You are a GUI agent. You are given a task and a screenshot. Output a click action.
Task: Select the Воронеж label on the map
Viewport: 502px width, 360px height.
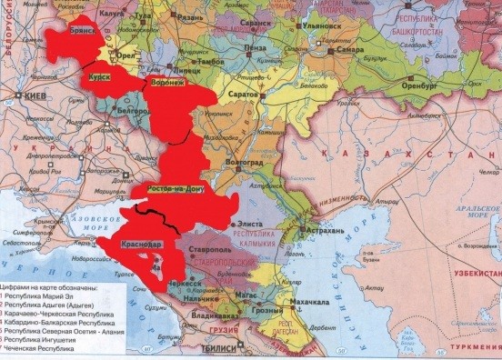click(x=166, y=81)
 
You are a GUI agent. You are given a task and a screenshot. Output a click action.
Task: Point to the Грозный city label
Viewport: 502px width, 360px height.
click(x=268, y=312)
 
